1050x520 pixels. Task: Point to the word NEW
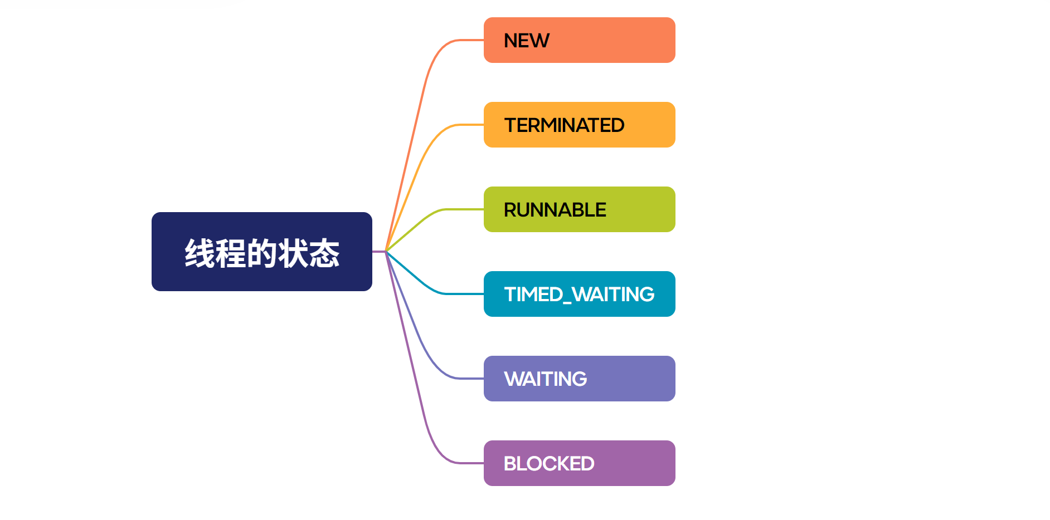coord(526,41)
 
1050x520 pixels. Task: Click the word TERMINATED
coord(564,125)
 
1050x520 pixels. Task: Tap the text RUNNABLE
coord(555,210)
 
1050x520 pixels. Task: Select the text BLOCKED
coord(549,464)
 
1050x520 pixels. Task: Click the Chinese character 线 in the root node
coord(200,253)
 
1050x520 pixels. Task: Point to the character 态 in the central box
coord(324,253)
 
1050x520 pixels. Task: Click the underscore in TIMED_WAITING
coord(567,302)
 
